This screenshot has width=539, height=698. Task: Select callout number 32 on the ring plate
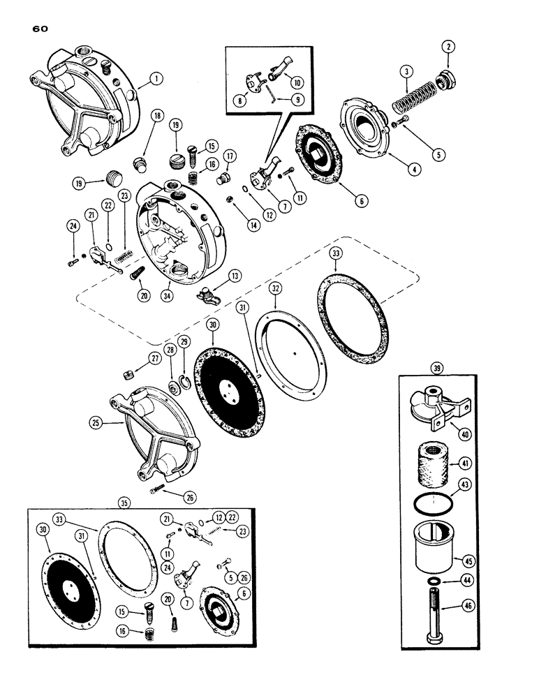(x=277, y=286)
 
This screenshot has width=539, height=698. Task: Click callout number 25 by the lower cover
(x=95, y=422)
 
